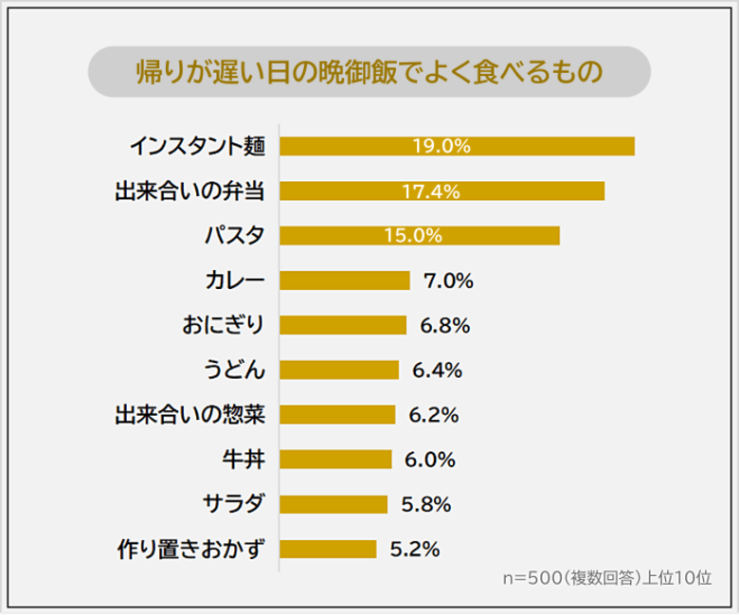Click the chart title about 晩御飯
(x=369, y=73)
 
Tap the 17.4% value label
(x=430, y=191)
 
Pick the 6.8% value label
(x=444, y=326)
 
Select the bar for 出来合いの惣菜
(x=337, y=415)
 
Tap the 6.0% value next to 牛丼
(x=429, y=460)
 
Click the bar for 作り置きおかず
(x=328, y=550)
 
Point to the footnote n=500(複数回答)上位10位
(x=606, y=578)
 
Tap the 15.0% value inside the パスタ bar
(x=413, y=235)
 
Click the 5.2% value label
(x=414, y=550)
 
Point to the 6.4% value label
(x=437, y=371)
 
